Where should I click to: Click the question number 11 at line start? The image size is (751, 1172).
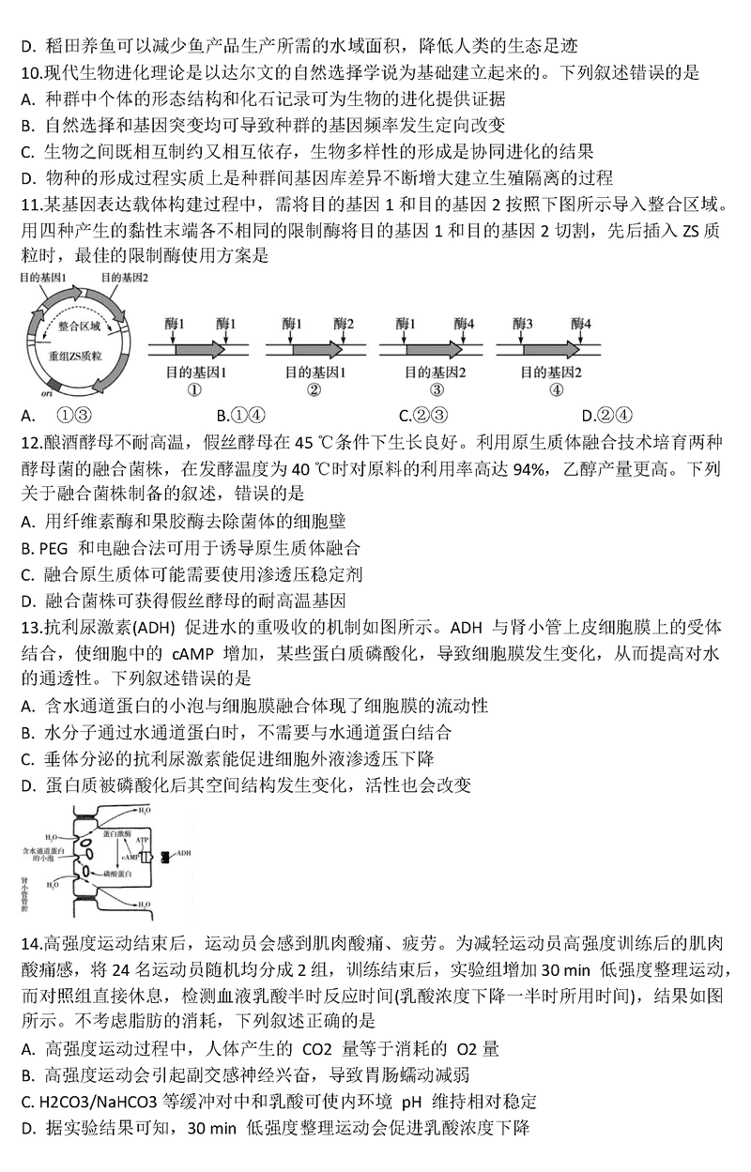click(29, 204)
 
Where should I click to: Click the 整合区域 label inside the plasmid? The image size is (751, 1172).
click(79, 326)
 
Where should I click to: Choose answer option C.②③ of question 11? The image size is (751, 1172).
click(421, 415)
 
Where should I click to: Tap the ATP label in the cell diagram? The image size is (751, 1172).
click(142, 839)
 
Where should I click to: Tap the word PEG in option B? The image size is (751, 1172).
click(53, 547)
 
